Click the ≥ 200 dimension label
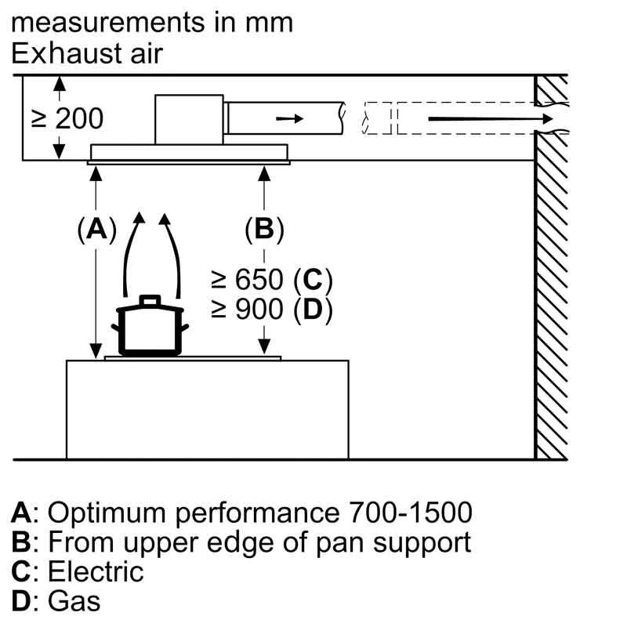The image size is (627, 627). coord(67,118)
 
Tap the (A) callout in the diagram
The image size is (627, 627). coord(96,230)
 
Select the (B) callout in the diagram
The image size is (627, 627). coord(264,230)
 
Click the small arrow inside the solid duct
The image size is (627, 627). coord(288,118)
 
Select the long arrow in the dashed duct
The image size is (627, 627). coord(486,119)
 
